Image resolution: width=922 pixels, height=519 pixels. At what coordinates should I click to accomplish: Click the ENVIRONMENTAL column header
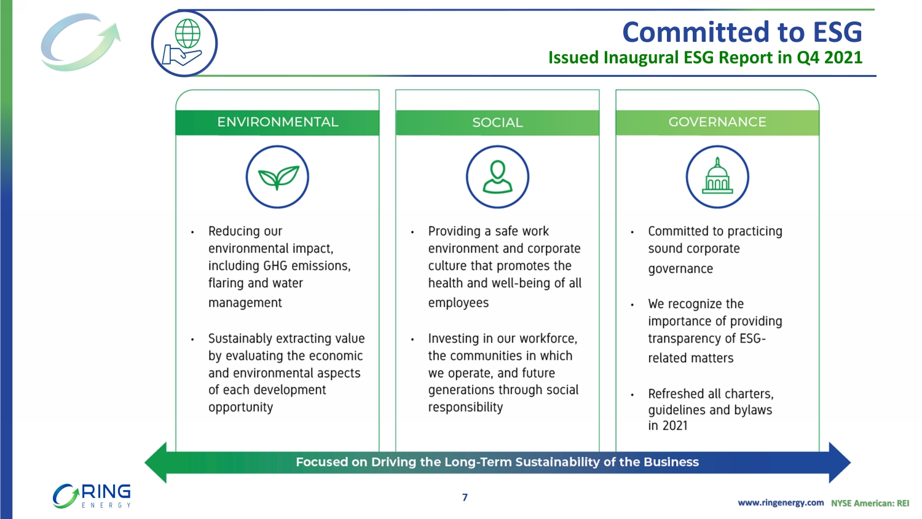click(x=277, y=122)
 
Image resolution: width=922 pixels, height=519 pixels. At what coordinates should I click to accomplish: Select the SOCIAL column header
click(x=497, y=122)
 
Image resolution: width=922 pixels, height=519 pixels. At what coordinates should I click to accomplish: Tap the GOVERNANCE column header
click(x=717, y=122)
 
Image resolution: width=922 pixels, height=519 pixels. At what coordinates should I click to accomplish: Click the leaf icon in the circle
click(x=277, y=176)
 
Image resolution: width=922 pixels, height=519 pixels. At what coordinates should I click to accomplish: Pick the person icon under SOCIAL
click(x=497, y=176)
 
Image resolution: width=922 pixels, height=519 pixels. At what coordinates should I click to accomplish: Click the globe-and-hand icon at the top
click(x=184, y=43)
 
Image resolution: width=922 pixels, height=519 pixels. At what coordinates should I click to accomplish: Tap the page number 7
click(x=465, y=497)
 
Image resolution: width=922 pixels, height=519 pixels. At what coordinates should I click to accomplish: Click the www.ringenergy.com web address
click(x=781, y=502)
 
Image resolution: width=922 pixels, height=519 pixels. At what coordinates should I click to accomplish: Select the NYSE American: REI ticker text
click(x=870, y=503)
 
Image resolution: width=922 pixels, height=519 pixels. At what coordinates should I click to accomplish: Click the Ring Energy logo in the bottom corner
click(x=92, y=496)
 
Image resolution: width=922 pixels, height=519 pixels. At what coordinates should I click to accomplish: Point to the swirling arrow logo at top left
click(x=81, y=42)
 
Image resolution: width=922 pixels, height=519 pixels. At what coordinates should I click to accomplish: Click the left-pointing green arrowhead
click(x=156, y=462)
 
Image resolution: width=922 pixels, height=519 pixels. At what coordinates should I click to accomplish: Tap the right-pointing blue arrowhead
click(x=840, y=462)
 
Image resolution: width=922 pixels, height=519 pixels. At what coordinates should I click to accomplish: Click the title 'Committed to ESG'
click(x=742, y=32)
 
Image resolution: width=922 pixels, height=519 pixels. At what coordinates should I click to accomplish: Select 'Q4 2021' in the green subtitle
click(x=829, y=57)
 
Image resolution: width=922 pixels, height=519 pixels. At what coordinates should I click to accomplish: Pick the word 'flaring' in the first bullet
click(x=226, y=283)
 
